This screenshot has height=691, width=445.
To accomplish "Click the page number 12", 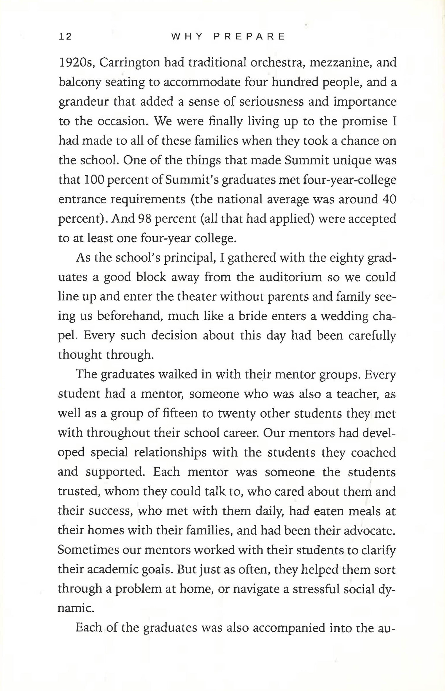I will [x=65, y=37].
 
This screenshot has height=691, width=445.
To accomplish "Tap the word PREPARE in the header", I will [x=249, y=37].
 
